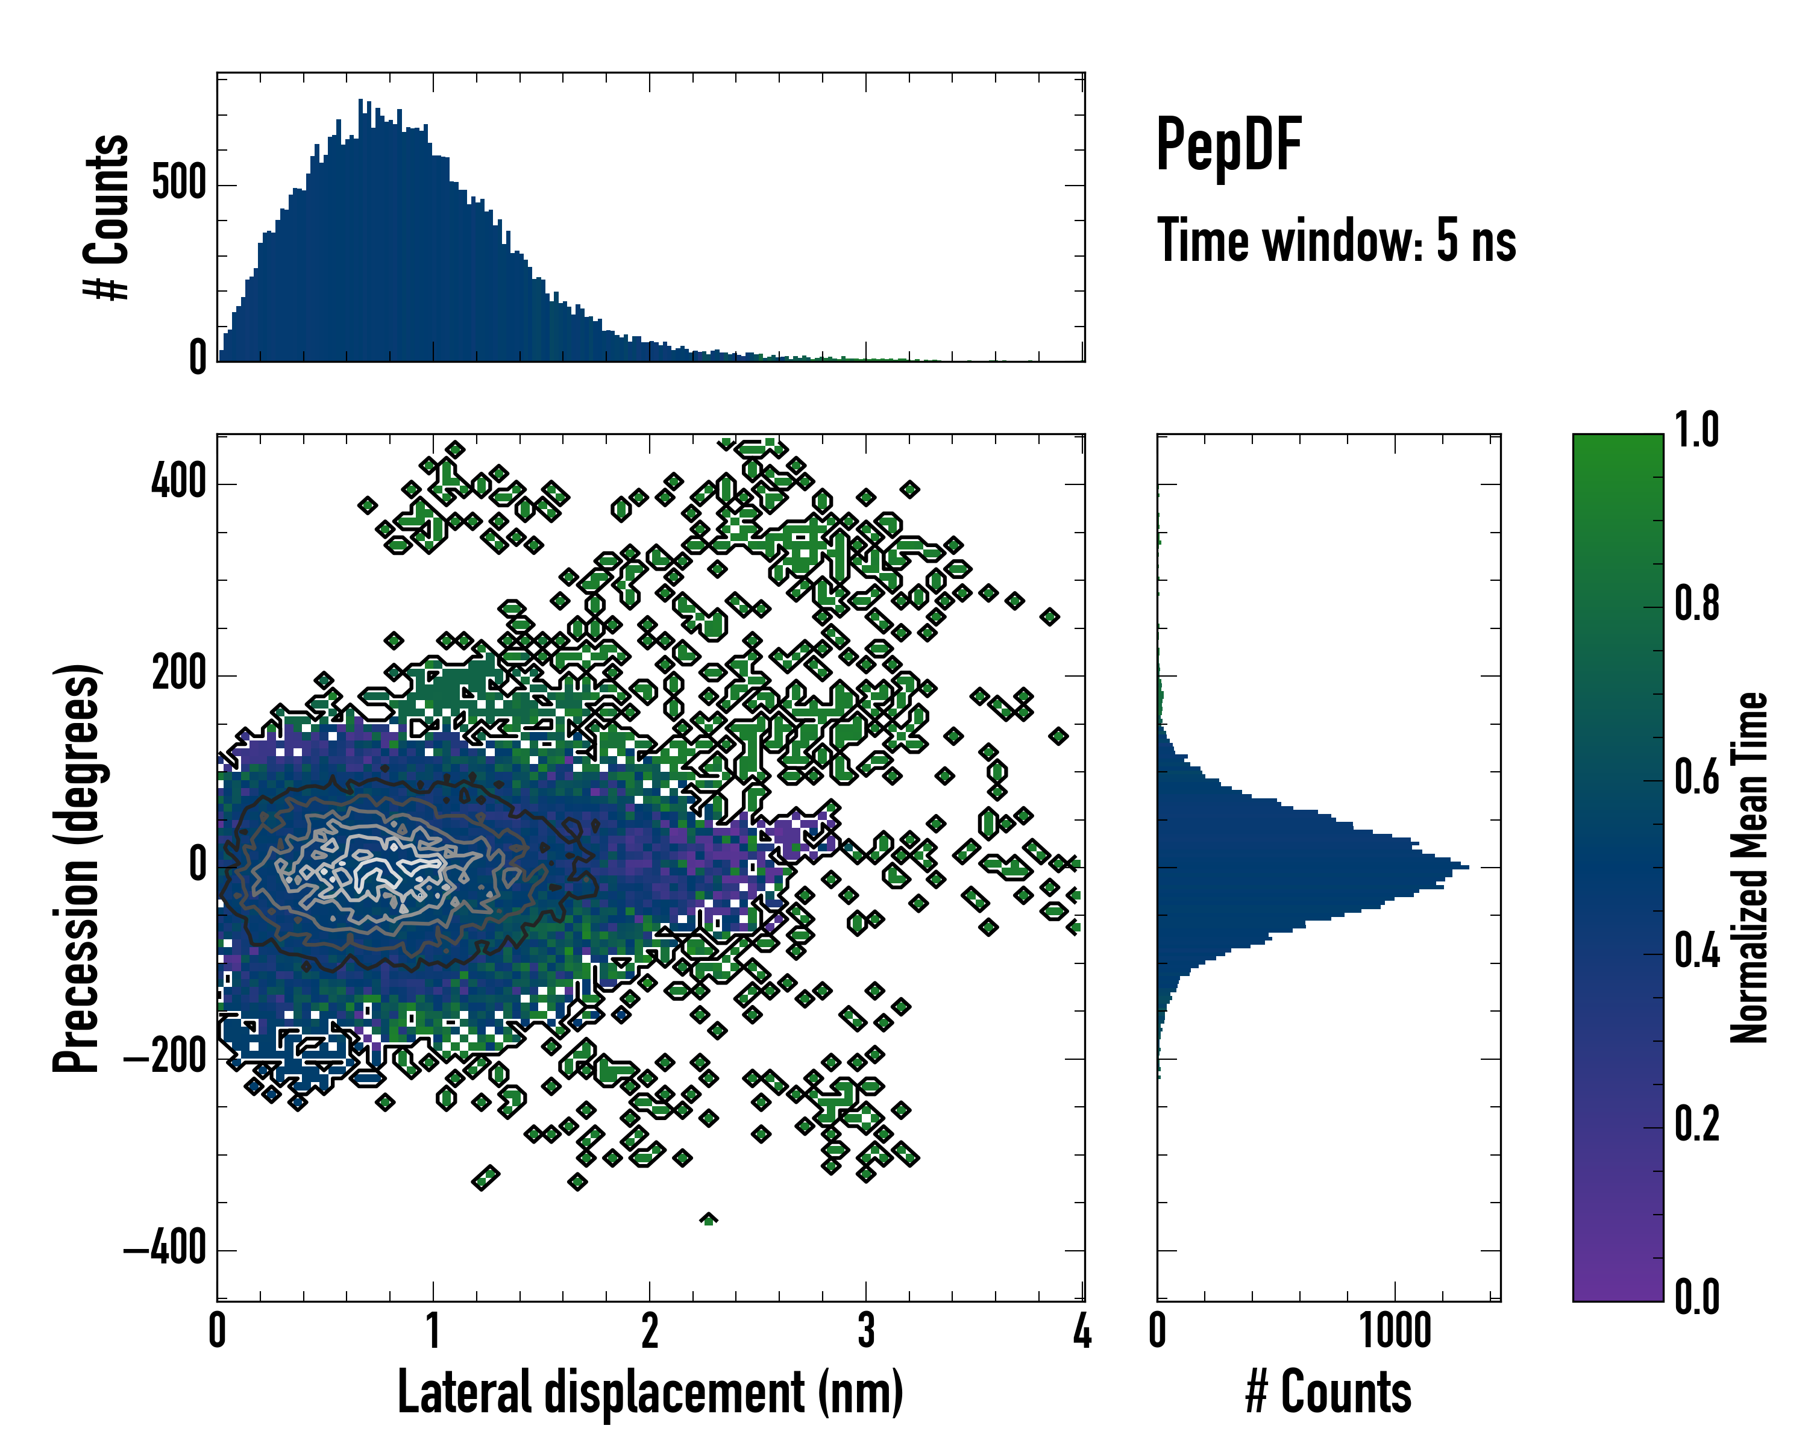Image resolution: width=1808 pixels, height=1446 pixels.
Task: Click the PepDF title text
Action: point(1228,144)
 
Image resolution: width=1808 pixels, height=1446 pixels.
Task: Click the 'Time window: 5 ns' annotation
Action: point(1336,240)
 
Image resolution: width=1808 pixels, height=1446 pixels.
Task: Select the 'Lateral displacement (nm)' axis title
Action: point(650,1392)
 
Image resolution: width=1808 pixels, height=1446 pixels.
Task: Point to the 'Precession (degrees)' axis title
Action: point(77,868)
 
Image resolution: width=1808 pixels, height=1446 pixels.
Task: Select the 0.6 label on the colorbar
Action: point(1697,777)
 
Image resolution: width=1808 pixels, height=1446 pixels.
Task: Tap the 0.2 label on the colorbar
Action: point(1697,1124)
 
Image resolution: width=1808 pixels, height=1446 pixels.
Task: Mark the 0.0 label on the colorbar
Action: point(1697,1298)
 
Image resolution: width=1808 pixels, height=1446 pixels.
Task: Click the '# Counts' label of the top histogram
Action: point(107,217)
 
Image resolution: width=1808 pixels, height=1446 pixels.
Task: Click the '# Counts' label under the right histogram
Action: point(1328,1392)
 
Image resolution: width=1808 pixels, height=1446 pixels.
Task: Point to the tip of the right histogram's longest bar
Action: point(1467,866)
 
